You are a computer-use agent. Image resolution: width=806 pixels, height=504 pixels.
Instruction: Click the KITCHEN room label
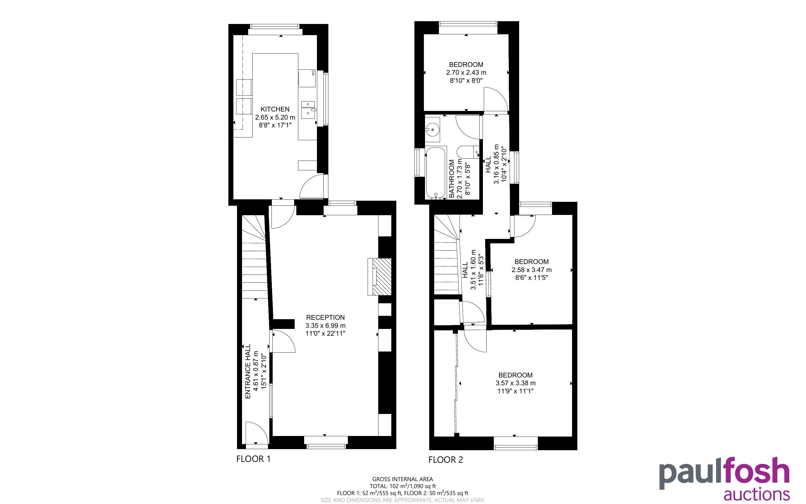click(x=275, y=109)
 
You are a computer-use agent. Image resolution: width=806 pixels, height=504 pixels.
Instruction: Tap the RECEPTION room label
click(x=325, y=317)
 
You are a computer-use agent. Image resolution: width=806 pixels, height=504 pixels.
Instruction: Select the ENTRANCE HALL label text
click(x=248, y=371)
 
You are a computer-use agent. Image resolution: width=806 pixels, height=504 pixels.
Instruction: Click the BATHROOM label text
click(x=452, y=179)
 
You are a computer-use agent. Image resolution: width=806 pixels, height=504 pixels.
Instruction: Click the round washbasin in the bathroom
click(x=433, y=129)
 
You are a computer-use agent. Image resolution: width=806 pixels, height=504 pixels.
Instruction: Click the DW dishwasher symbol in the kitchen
click(x=307, y=78)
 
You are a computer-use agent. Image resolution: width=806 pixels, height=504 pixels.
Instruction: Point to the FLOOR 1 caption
click(x=253, y=459)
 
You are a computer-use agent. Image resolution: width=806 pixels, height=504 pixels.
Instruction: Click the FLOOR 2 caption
click(x=445, y=460)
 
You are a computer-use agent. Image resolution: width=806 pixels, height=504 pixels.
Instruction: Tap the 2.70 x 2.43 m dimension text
click(x=466, y=72)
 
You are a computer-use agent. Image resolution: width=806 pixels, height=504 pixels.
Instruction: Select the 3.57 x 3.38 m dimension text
click(x=515, y=383)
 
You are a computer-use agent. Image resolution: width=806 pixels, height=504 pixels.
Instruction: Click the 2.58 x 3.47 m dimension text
click(x=531, y=270)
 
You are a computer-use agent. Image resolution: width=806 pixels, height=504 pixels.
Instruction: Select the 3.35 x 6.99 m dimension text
click(x=325, y=325)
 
